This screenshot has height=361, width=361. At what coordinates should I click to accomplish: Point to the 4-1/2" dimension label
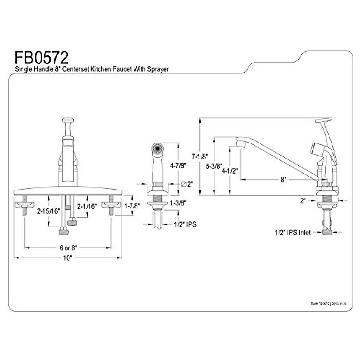tap(230, 171)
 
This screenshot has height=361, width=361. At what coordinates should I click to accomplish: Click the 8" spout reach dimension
tap(282, 180)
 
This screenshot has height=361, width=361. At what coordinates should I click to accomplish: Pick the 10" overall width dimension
tap(68, 258)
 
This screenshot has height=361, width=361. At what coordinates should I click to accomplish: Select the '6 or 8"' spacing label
tap(68, 248)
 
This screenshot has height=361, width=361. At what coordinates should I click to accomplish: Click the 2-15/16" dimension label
tap(48, 211)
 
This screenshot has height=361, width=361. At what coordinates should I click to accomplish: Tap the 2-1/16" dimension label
tap(87, 206)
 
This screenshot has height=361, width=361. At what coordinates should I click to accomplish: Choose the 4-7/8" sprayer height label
tap(178, 165)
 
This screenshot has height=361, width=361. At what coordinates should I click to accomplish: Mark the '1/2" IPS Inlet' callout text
tap(292, 233)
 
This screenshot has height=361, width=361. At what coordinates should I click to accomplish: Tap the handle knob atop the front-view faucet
tap(68, 120)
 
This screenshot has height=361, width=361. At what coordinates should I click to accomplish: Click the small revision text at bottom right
tap(328, 304)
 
